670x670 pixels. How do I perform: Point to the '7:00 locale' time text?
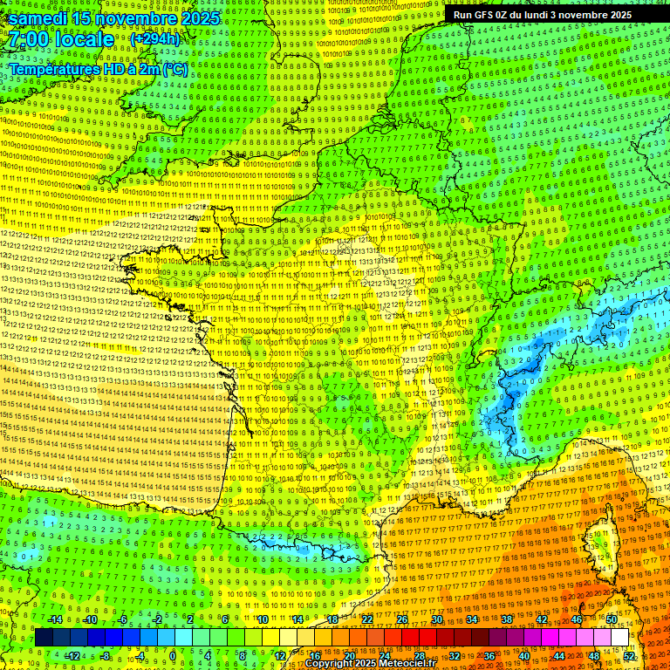[61, 39]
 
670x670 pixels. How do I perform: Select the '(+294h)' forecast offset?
[155, 39]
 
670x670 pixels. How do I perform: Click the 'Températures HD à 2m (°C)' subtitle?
[98, 68]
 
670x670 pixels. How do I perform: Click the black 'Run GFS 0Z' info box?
[538, 14]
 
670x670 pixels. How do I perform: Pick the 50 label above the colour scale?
[611, 619]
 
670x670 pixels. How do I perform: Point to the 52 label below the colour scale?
[629, 656]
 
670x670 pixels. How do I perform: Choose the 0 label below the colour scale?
[173, 656]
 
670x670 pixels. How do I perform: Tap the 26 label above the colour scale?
[402, 619]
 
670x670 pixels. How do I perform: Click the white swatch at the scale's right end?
[619, 638]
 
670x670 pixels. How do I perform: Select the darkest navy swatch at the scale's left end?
[44, 638]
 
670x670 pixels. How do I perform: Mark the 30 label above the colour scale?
[437, 619]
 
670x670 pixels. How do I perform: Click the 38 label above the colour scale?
[507, 619]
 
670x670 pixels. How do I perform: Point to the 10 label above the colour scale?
[262, 619]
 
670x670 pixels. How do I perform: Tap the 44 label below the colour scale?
[559, 656]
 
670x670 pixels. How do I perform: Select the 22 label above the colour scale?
[367, 619]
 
